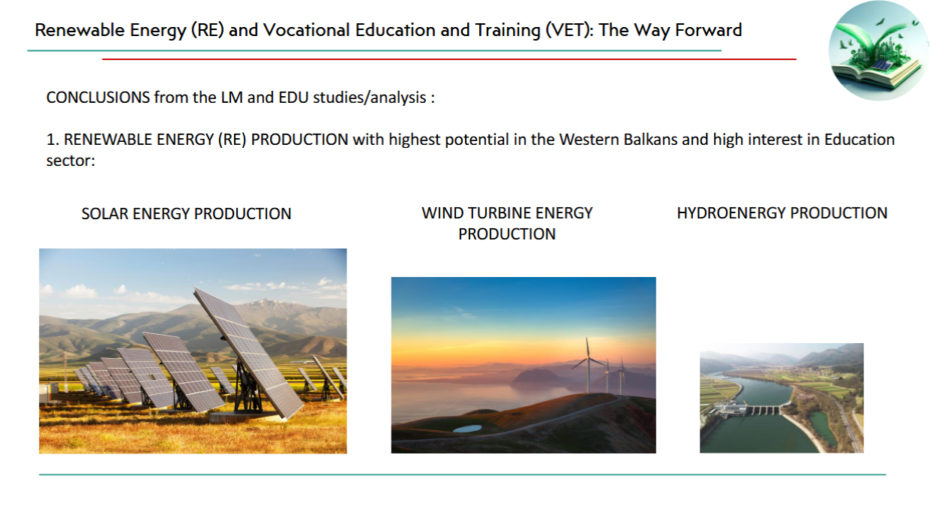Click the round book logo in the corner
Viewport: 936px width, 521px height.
tap(879, 50)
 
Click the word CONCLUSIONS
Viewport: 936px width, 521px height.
tap(97, 98)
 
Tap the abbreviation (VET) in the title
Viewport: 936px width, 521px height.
tap(569, 31)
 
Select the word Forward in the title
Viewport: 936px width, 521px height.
tap(708, 30)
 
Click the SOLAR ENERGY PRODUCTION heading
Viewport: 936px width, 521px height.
tap(186, 214)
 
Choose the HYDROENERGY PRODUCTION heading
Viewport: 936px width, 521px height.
tap(782, 213)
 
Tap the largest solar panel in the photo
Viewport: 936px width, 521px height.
tap(249, 352)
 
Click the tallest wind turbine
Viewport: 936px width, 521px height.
tap(588, 365)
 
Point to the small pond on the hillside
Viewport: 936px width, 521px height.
tap(467, 429)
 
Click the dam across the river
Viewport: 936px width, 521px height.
tap(752, 410)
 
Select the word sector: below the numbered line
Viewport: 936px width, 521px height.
tap(70, 161)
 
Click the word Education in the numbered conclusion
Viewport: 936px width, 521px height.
tap(859, 139)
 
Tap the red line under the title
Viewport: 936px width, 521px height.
tap(449, 59)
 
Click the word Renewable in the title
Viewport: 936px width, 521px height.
tap(79, 30)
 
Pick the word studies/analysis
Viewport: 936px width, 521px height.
tap(370, 98)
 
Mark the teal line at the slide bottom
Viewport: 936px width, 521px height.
tap(463, 474)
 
